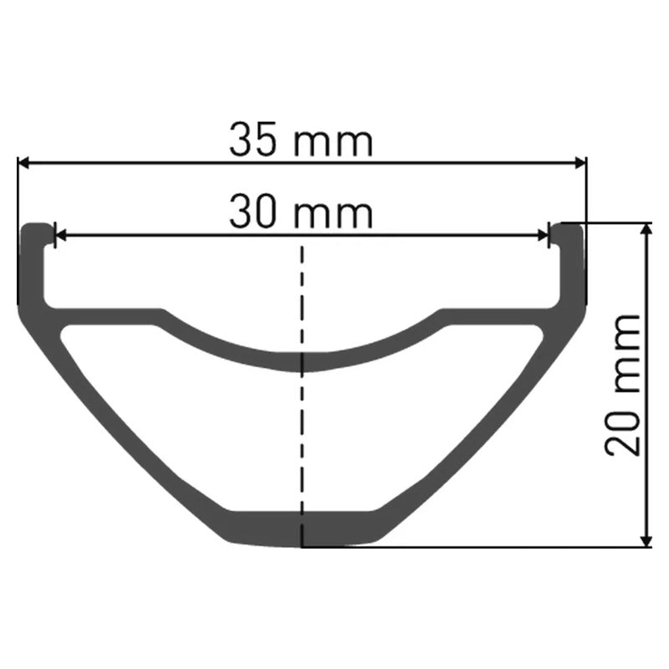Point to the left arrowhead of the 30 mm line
point(59,235)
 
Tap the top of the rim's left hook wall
point(35,227)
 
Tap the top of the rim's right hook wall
point(570,227)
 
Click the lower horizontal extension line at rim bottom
point(502,548)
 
